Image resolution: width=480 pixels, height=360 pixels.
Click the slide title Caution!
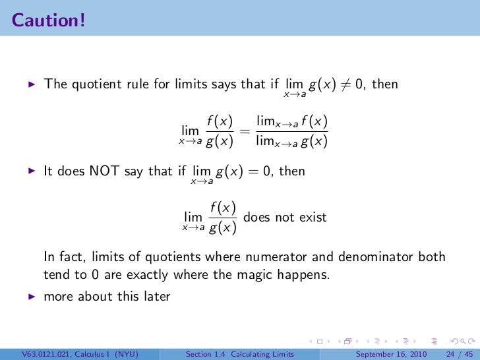47,20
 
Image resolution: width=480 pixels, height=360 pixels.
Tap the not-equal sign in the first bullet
343,86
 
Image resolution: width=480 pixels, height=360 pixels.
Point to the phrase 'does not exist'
285,217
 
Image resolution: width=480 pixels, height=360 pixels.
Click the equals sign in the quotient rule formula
245,132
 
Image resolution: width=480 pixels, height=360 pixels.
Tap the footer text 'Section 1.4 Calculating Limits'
241,353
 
